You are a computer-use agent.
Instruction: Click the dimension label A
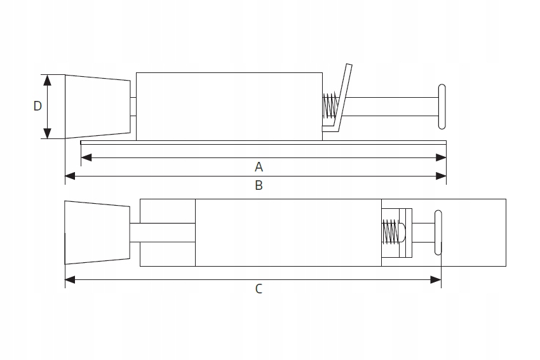coord(259,167)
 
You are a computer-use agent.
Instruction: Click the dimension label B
coord(259,185)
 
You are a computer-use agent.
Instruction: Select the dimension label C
coord(259,289)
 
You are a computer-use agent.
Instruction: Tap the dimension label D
coord(37,106)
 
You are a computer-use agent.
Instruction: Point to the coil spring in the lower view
coord(391,232)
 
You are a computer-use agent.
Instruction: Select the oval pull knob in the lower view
coord(438,232)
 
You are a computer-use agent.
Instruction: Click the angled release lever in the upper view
coord(343,95)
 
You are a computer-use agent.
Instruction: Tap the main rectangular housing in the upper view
coord(229,106)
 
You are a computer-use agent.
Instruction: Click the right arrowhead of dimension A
coord(442,157)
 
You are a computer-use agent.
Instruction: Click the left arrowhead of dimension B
coord(70,176)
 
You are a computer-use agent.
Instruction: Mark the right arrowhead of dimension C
coord(436,279)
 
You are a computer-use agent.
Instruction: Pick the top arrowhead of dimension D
coord(46,78)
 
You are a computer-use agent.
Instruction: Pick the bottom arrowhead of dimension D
coord(46,134)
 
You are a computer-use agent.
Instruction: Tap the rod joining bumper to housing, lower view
coord(162,232)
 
